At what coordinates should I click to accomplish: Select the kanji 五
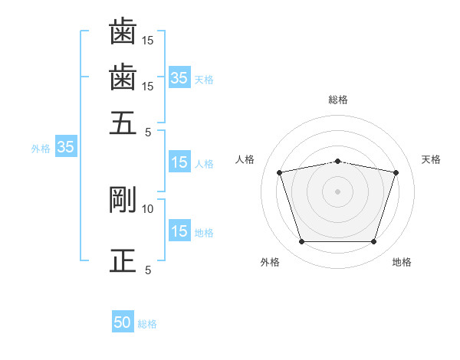tap(123, 123)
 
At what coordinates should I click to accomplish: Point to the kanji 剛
tap(123, 200)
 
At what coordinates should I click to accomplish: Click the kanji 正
tap(123, 260)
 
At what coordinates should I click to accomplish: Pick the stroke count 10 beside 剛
tap(148, 208)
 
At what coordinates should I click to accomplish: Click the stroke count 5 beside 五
tap(148, 131)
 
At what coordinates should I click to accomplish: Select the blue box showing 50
tap(123, 322)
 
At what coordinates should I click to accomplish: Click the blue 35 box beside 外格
tap(65, 148)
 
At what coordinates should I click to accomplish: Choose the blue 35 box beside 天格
tap(179, 77)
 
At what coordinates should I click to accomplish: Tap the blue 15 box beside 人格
tap(179, 162)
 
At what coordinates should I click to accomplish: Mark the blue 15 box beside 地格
tap(179, 231)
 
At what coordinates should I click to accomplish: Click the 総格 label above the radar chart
tap(338, 100)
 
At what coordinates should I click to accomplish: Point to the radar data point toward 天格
tap(396, 173)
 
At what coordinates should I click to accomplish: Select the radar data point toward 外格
tap(301, 242)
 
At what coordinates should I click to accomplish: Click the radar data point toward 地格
tap(373, 242)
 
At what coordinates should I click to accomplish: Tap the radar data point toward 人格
tap(280, 173)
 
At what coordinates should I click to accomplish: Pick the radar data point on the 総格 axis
tap(338, 161)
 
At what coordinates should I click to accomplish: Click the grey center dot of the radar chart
tap(338, 191)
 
